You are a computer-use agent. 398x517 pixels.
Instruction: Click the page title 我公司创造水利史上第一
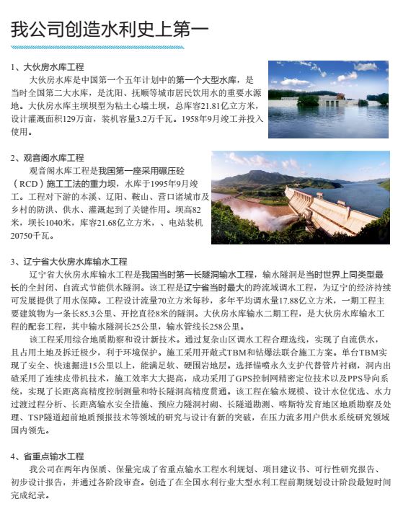(110, 30)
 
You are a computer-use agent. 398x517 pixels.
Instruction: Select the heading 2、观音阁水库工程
(48, 157)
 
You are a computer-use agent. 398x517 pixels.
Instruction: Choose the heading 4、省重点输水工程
(48, 456)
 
